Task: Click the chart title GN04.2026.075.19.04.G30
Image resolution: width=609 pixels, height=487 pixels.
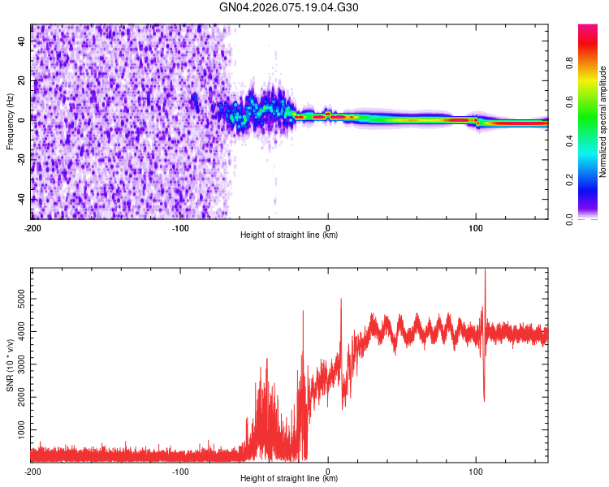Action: point(289,7)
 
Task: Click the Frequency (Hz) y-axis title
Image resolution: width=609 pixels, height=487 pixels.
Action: point(10,122)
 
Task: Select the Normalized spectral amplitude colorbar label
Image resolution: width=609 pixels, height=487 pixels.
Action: point(603,123)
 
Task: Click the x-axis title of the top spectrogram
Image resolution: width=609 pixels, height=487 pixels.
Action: point(289,235)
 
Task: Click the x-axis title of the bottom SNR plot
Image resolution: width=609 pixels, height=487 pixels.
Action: point(289,479)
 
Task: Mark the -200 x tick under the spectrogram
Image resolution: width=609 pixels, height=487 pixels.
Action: point(32,227)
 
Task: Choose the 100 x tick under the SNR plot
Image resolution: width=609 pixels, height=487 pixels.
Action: point(476,471)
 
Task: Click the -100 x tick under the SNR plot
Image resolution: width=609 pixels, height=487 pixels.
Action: point(180,471)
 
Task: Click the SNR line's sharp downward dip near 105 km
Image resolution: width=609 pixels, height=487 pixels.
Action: point(484,400)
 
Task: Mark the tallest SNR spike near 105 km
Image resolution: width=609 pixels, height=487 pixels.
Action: point(485,271)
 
